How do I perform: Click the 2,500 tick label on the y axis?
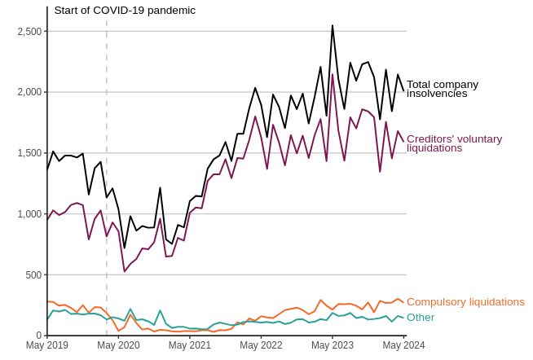point(30,31)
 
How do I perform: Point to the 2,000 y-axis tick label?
point(30,92)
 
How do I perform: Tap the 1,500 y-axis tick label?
point(30,153)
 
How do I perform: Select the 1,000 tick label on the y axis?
point(30,214)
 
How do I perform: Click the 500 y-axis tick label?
point(34,275)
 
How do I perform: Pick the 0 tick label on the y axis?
point(39,336)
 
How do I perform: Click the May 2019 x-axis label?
point(46,345)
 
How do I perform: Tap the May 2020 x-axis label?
point(118,345)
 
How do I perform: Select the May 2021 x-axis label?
point(189,345)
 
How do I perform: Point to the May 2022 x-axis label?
point(261,345)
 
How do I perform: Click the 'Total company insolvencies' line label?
point(443,89)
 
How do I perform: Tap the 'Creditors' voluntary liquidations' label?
point(454,143)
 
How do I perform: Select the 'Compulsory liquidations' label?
point(465,302)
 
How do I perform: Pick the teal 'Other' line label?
point(421,318)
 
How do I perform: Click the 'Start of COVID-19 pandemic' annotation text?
point(125,11)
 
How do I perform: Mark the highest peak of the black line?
point(333,25)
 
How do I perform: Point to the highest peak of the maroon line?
point(333,74)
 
